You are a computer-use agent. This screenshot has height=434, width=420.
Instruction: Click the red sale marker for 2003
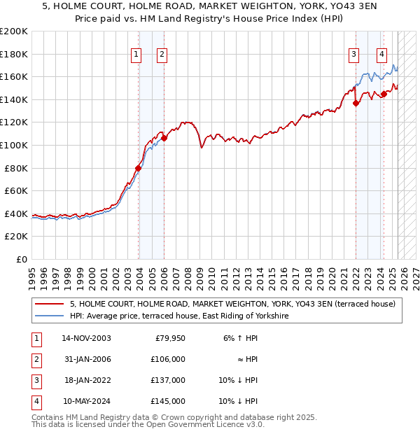pyautogui.click(x=139, y=168)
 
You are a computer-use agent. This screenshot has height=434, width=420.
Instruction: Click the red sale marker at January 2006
pyautogui.click(x=164, y=138)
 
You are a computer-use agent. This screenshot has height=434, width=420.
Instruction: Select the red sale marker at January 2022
pyautogui.click(x=356, y=103)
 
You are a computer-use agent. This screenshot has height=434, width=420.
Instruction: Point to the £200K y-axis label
pyautogui.click(x=13, y=31)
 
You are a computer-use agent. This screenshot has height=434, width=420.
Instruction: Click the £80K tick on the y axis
pyautogui.click(x=16, y=168)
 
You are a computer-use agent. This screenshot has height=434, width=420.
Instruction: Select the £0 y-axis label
pyautogui.click(x=22, y=259)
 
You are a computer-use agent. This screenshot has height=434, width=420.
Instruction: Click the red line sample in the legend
pyautogui.click(x=50, y=304)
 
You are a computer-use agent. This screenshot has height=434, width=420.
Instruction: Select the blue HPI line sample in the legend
pyautogui.click(x=50, y=316)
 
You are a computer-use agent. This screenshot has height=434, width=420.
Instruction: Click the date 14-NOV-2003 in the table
pyautogui.click(x=86, y=338)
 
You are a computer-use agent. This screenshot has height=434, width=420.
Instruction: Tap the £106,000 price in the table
pyautogui.click(x=168, y=359)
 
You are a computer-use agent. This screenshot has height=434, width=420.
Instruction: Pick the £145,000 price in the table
pyautogui.click(x=168, y=401)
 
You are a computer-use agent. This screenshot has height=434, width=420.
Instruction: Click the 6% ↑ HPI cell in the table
pyautogui.click(x=239, y=338)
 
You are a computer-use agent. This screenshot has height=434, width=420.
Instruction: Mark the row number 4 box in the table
pyautogui.click(x=35, y=401)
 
